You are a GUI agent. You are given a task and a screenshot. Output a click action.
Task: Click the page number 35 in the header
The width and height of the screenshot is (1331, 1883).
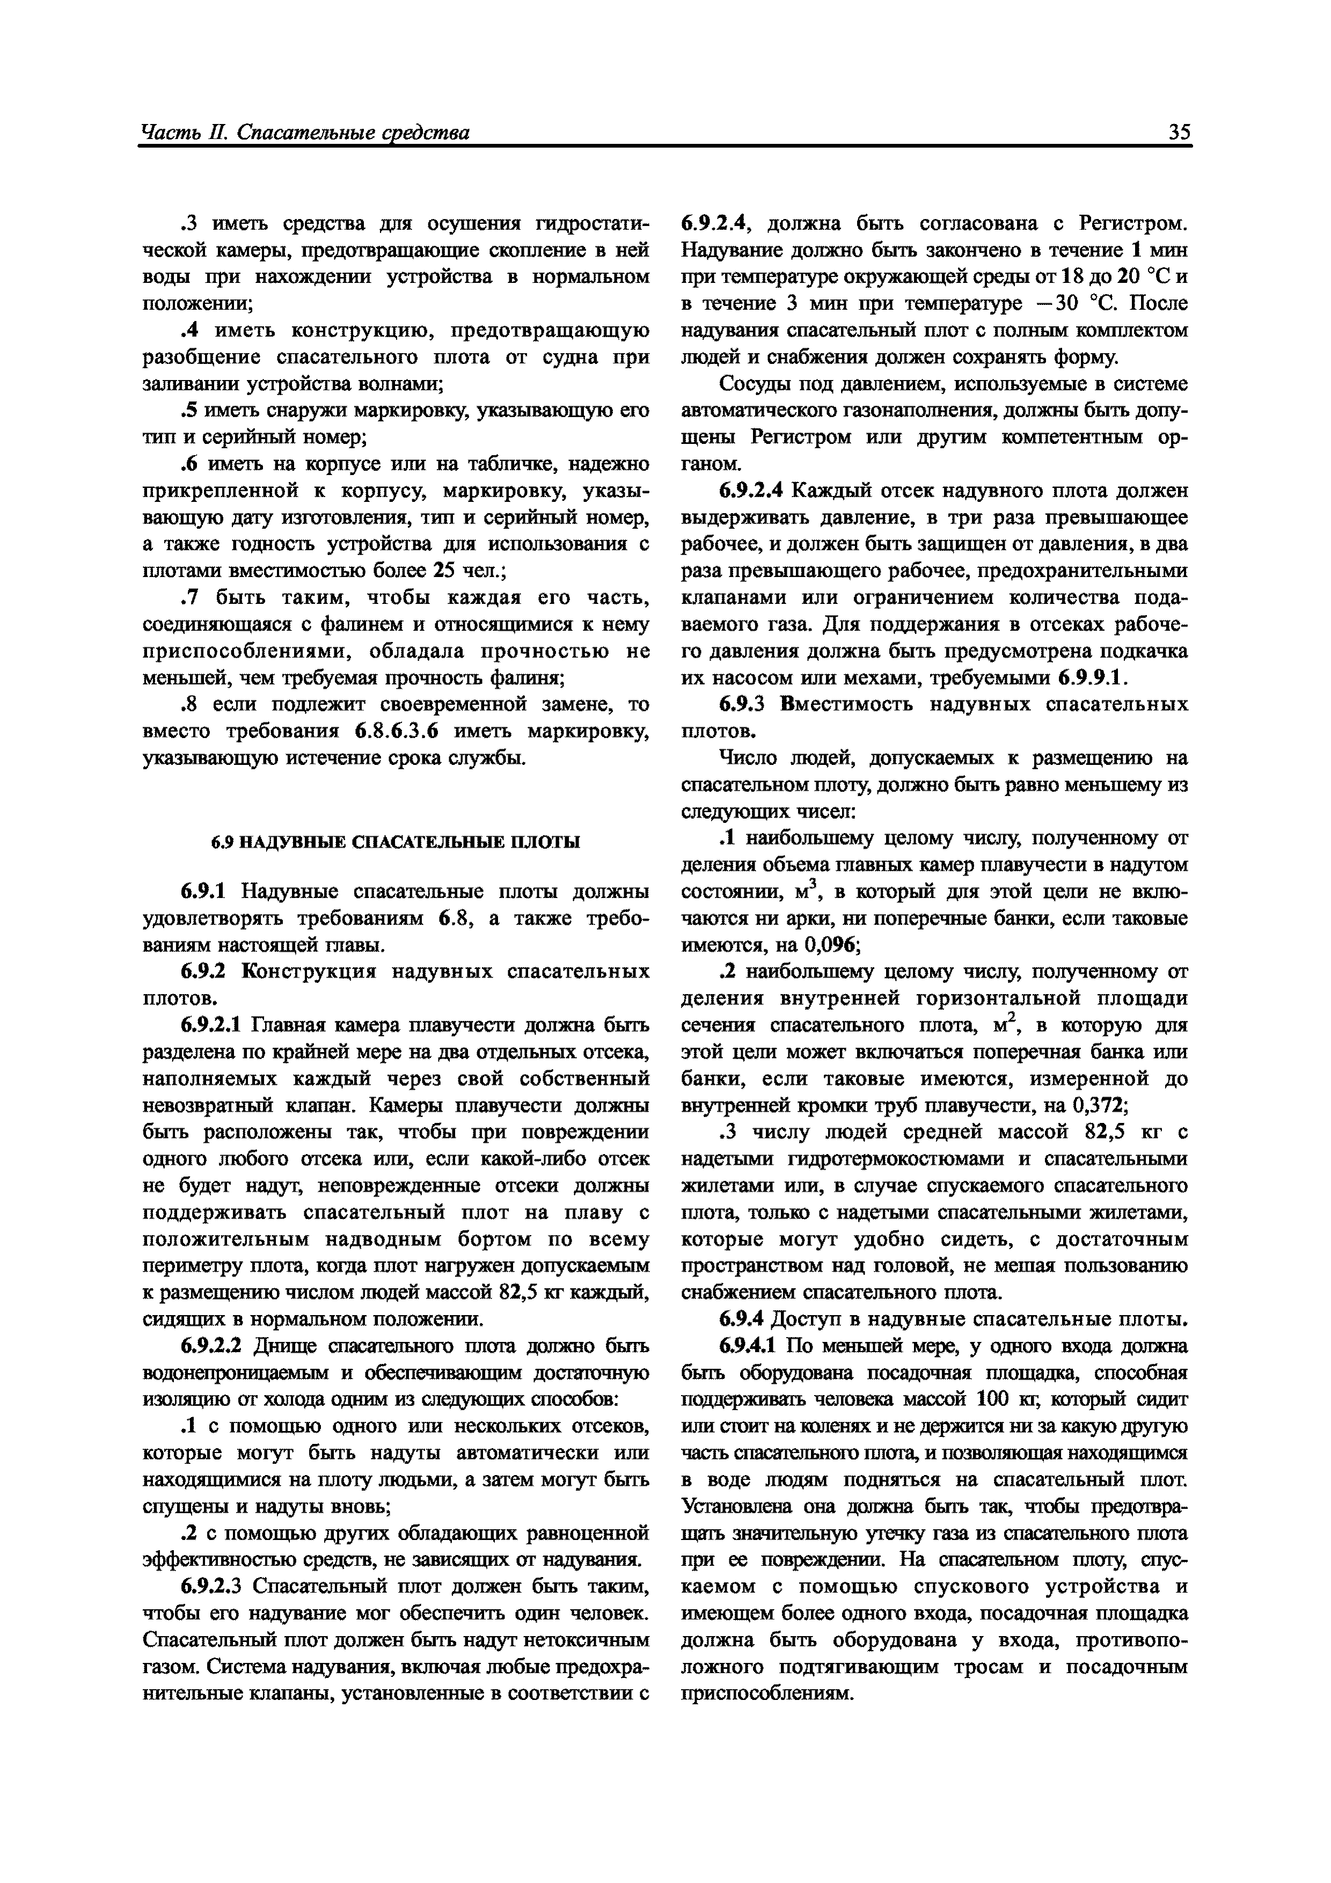point(1179,132)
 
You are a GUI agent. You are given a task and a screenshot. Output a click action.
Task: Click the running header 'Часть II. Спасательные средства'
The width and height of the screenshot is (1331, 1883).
point(305,132)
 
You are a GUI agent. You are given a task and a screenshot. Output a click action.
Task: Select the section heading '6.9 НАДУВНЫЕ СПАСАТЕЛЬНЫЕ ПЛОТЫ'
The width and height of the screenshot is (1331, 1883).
point(396,842)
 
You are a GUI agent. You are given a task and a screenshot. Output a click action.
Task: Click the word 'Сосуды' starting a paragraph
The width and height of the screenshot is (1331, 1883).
point(749,384)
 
